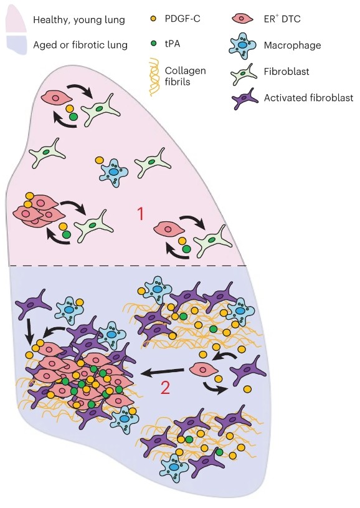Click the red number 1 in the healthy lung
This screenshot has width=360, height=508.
coord(140,214)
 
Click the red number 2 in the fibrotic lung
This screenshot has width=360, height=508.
coord(165,388)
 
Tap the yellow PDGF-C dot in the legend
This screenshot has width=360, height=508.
coord(154,19)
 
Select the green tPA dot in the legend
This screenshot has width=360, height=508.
coord(154,43)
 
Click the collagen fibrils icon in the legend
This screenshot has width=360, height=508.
coord(154,77)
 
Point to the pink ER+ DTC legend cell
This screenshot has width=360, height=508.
coord(243,19)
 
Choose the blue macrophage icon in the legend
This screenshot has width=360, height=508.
coord(242,46)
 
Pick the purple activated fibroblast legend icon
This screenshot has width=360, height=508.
coord(245,98)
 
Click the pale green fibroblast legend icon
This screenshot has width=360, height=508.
coord(244,74)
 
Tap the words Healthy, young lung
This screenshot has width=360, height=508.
coord(79,20)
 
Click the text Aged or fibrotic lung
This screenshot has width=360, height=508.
coord(80,45)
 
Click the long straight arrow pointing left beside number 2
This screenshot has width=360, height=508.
coord(163,372)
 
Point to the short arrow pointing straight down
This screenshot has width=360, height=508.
coord(29,332)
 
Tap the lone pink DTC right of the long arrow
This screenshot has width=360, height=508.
coord(203,370)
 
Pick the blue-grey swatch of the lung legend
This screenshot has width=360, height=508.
coord(16,44)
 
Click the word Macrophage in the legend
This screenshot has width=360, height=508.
coord(292,45)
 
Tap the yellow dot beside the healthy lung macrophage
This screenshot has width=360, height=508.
coord(100,160)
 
